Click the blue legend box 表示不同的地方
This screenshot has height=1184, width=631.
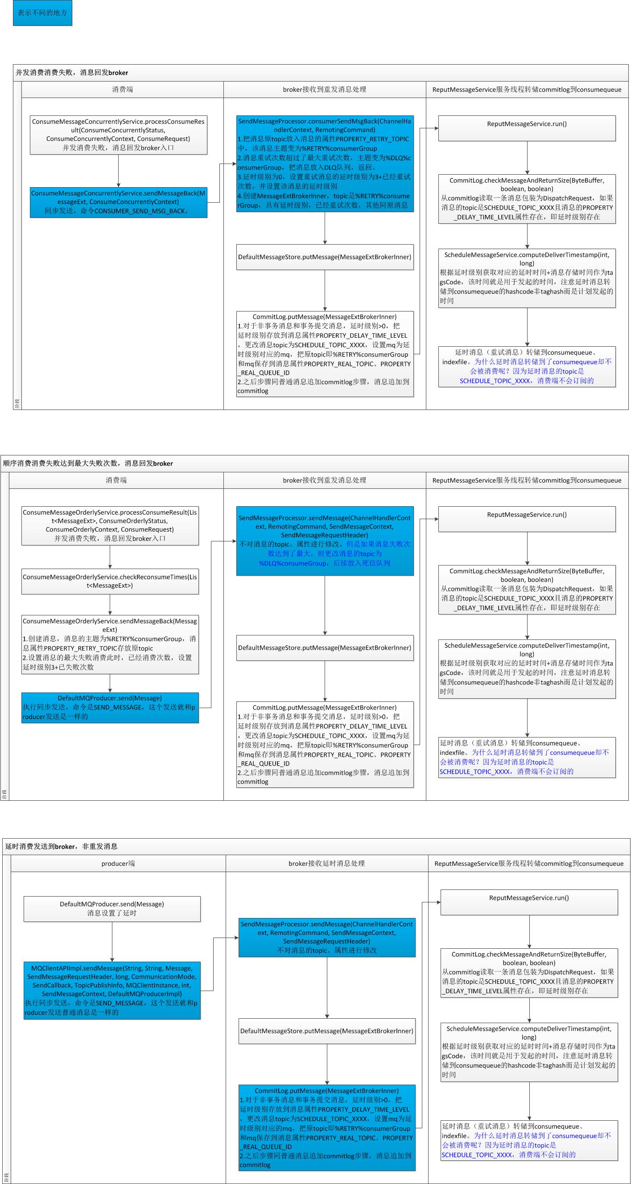click(42, 13)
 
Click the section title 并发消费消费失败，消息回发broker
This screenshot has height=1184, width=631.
click(72, 73)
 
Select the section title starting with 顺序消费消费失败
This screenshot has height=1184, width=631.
click(88, 463)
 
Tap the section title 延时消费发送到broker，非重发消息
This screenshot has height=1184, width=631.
click(61, 846)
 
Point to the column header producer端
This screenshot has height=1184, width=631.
click(118, 863)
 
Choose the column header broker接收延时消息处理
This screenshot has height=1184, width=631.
click(326, 863)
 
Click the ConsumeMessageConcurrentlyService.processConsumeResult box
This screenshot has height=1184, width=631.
click(118, 135)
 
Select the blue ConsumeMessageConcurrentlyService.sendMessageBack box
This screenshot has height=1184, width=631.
click(118, 202)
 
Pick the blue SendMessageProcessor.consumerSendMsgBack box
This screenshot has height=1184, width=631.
click(325, 163)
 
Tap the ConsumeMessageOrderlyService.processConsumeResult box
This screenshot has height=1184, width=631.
click(110, 525)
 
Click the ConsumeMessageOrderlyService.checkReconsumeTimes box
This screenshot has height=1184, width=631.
click(110, 582)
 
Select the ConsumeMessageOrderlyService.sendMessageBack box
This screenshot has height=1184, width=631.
click(110, 644)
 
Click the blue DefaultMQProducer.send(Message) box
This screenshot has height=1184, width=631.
click(110, 707)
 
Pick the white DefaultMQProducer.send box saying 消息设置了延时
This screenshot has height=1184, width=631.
click(112, 909)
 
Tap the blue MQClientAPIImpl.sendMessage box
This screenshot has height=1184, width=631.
click(112, 990)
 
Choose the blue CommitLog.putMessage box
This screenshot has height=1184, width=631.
click(326, 1127)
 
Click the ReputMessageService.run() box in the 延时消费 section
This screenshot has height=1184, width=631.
click(529, 902)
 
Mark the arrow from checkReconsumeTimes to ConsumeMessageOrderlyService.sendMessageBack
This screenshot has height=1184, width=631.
click(110, 605)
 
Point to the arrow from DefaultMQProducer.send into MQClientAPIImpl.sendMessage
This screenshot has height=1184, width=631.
click(112, 941)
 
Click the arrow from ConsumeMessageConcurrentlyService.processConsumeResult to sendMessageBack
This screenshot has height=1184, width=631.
click(118, 171)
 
